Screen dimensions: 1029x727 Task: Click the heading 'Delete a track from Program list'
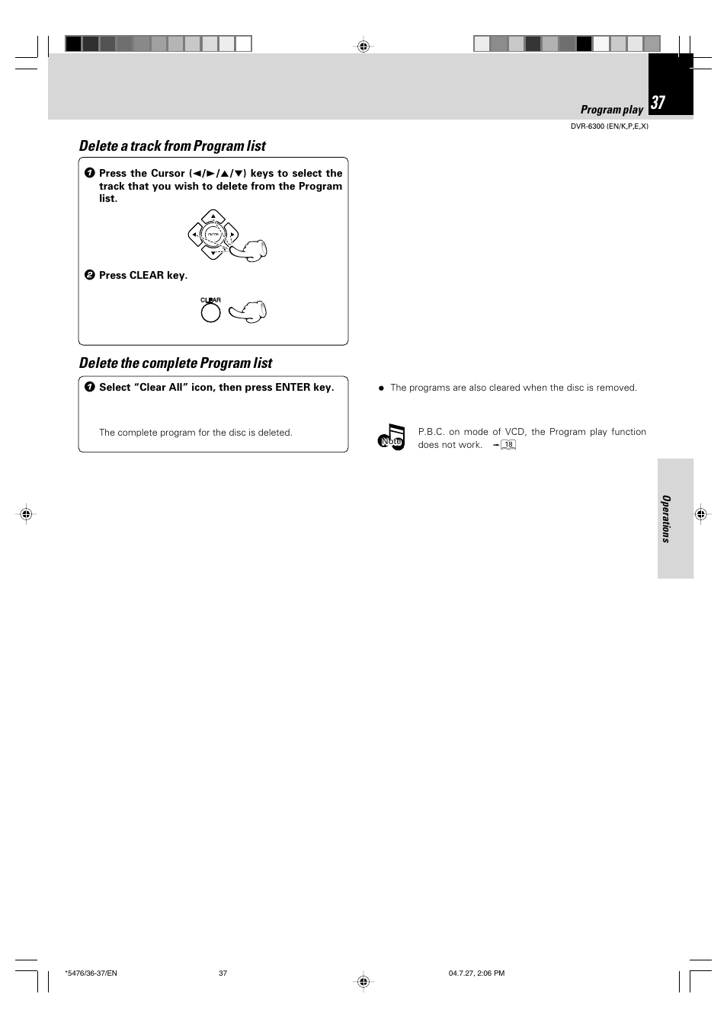pyautogui.click(x=172, y=146)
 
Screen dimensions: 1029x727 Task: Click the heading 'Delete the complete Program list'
pyautogui.click(x=175, y=363)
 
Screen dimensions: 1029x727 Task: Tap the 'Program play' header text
pyautogui.click(x=611, y=110)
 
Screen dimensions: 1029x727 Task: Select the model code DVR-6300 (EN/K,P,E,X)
pyautogui.click(x=609, y=126)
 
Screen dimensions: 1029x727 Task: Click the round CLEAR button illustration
pyautogui.click(x=210, y=312)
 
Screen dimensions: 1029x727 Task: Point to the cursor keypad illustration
pyautogui.click(x=213, y=235)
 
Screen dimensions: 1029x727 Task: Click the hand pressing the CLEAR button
pyautogui.click(x=249, y=312)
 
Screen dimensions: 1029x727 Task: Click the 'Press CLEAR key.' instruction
pyautogui.click(x=143, y=276)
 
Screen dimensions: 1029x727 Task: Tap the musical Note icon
pyautogui.click(x=392, y=437)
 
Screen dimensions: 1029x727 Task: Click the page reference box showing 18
pyautogui.click(x=508, y=445)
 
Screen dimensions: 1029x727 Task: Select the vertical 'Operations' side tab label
pyautogui.click(x=666, y=519)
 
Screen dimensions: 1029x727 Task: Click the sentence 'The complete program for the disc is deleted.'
pyautogui.click(x=196, y=433)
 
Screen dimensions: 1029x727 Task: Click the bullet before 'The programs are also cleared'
pyautogui.click(x=382, y=388)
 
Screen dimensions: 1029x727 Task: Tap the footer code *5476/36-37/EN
pyautogui.click(x=91, y=973)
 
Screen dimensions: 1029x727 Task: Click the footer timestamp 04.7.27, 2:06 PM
pyautogui.click(x=476, y=973)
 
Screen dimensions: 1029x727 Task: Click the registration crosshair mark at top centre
pyautogui.click(x=363, y=46)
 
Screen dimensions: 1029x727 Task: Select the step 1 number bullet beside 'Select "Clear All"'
pyautogui.click(x=89, y=388)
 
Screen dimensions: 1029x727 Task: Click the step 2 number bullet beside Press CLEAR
pyautogui.click(x=89, y=276)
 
